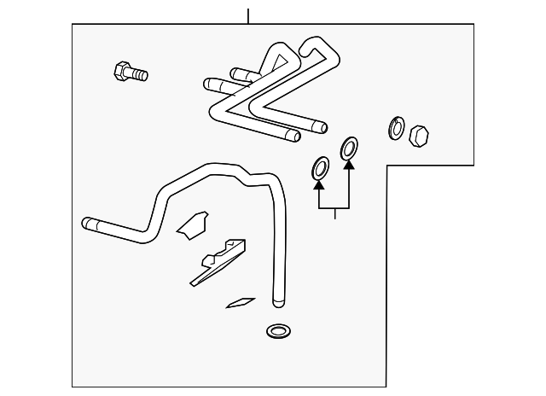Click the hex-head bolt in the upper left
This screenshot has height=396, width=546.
tap(130, 72)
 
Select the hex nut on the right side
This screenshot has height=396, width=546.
tap(419, 136)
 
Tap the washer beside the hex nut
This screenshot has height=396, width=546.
tap(397, 128)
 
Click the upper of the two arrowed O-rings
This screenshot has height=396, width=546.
tap(349, 148)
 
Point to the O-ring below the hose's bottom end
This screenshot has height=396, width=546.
tap(277, 330)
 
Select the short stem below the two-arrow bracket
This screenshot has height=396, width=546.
tap(334, 213)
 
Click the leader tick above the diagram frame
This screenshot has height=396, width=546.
tap(247, 15)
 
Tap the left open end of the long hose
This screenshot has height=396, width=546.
tap(86, 224)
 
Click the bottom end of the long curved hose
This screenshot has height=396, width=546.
tap(276, 301)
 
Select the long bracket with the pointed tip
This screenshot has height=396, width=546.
tap(217, 263)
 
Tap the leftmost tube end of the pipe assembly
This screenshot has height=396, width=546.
tap(208, 84)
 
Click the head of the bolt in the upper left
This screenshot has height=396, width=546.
tap(121, 69)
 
